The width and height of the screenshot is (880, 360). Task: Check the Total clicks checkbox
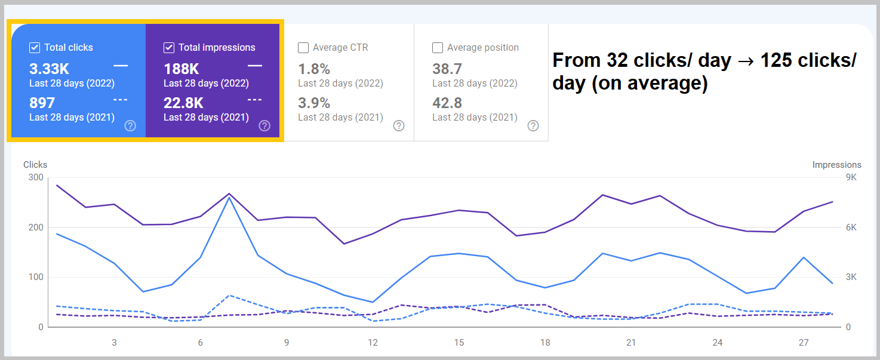pos(35,48)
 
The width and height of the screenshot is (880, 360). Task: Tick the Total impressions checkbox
pos(169,48)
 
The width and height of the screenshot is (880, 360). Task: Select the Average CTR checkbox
pos(303,48)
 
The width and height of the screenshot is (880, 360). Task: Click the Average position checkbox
pos(438,48)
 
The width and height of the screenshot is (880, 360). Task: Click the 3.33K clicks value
pos(49,69)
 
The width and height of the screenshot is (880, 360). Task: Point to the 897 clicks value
pos(42,103)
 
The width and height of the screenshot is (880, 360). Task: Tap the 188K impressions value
pos(181,69)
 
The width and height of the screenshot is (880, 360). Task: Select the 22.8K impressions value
pos(183,103)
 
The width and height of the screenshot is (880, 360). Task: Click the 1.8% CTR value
pos(314,69)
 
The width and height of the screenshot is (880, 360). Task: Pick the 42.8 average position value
pos(447,103)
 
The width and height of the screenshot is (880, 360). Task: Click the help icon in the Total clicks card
pos(130,125)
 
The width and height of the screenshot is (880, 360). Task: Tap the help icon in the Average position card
pos(533,125)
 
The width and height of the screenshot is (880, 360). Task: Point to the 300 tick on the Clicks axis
pos(35,177)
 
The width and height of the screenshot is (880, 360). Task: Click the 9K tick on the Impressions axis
pos(851,177)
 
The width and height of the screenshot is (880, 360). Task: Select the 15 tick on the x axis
pos(459,343)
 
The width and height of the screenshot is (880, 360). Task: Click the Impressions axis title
pos(836,165)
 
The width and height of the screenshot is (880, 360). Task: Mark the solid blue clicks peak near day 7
pos(229,198)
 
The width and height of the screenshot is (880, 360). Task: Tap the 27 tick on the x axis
pos(804,343)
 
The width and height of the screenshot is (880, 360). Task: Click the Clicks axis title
pos(35,165)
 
